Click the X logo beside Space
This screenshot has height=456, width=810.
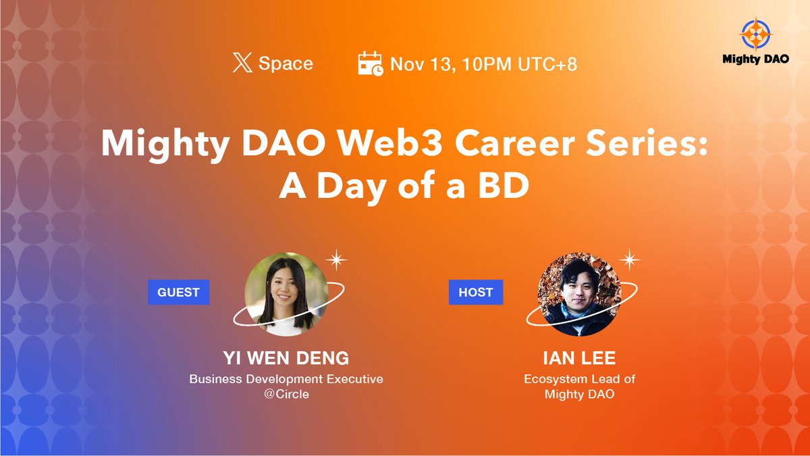click(x=242, y=64)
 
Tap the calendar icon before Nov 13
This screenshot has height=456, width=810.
click(x=370, y=64)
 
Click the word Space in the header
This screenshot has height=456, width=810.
click(x=286, y=64)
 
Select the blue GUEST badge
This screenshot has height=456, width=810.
click(x=178, y=293)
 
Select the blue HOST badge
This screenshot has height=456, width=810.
click(x=476, y=293)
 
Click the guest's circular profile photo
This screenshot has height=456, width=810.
click(x=286, y=294)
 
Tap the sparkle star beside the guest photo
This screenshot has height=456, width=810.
click(x=335, y=259)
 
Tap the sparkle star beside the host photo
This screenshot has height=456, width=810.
click(x=629, y=259)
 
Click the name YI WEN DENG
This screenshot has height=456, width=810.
click(x=286, y=359)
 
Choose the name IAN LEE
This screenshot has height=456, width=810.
click(x=579, y=359)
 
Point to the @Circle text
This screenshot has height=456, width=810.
click(x=286, y=394)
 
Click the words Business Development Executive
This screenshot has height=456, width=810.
click(x=286, y=379)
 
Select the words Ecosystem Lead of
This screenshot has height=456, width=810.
click(x=579, y=379)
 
